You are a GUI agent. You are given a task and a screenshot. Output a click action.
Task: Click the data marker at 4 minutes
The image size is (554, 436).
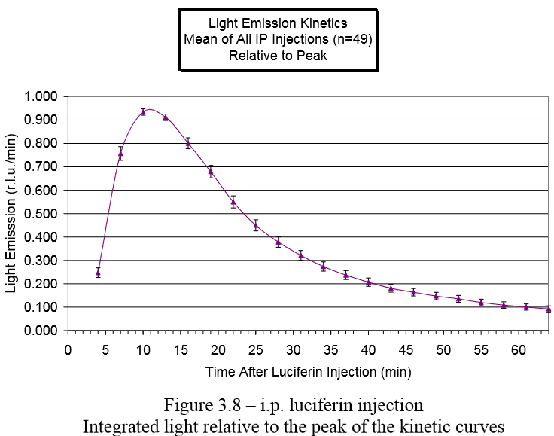point(98,273)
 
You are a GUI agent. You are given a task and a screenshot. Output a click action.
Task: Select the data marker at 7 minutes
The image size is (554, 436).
point(120,154)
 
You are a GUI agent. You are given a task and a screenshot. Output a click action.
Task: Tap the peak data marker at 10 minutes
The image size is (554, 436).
point(143,112)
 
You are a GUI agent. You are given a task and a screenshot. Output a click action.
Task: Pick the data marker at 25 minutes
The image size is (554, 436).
point(255,225)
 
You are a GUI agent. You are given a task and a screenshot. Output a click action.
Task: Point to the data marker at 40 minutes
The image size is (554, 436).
point(368,282)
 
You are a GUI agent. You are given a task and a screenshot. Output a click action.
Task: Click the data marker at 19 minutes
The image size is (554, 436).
point(211,172)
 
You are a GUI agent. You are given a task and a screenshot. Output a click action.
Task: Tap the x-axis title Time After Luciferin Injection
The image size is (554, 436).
point(309,371)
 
